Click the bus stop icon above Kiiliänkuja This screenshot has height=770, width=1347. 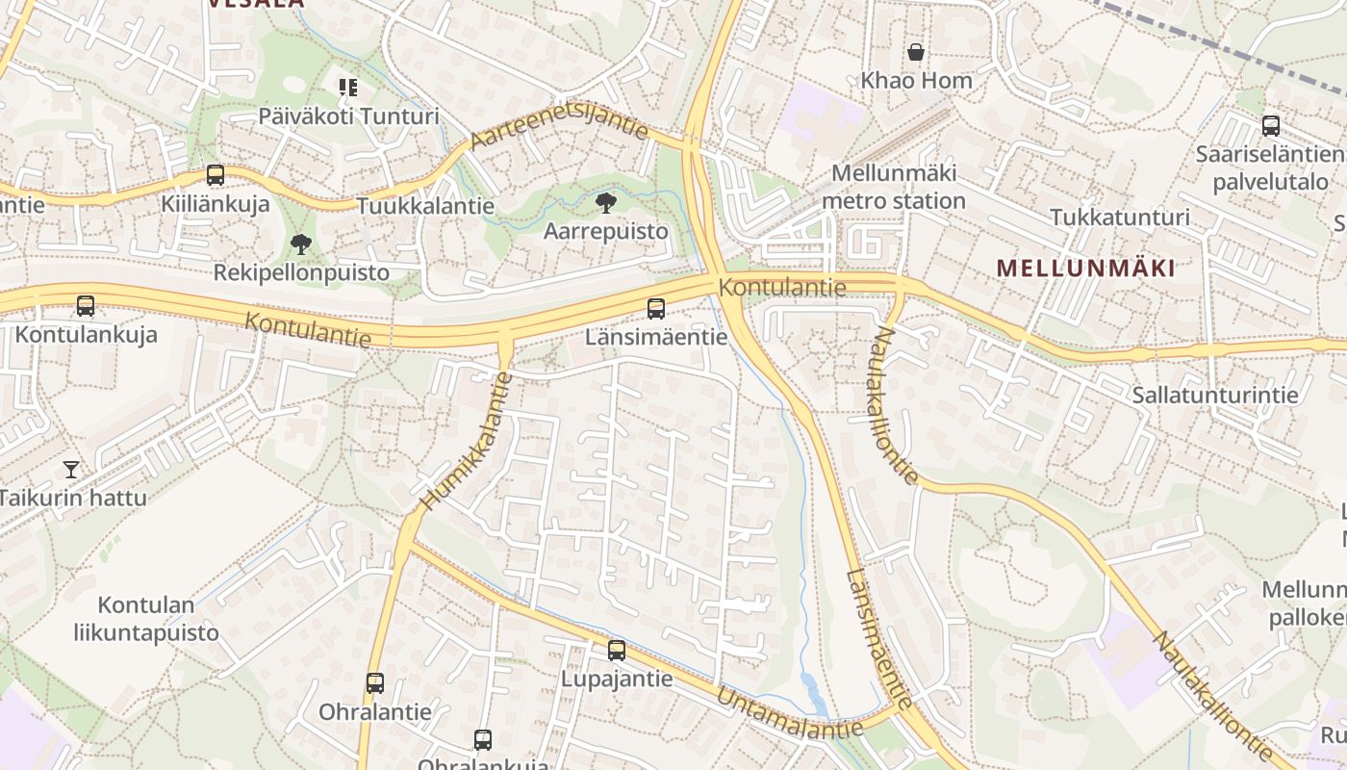pyautogui.click(x=216, y=175)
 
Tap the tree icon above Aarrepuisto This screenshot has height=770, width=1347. pyautogui.click(x=606, y=202)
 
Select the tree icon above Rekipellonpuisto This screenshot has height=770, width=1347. pyautogui.click(x=301, y=244)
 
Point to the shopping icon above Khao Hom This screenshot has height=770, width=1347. pyautogui.click(x=916, y=52)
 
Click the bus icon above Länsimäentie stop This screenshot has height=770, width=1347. pyautogui.click(x=656, y=309)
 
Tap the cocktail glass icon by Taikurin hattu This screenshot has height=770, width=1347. pyautogui.click(x=71, y=470)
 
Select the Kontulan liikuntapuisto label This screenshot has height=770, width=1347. pyautogui.click(x=146, y=619)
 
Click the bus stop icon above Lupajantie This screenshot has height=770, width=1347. pyautogui.click(x=617, y=651)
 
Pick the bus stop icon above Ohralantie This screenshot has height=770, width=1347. pyautogui.click(x=375, y=683)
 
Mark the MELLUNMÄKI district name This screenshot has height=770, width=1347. pyautogui.click(x=1085, y=269)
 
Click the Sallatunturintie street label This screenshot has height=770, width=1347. pyautogui.click(x=1215, y=395)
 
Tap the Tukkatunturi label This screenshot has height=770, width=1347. pyautogui.click(x=1120, y=218)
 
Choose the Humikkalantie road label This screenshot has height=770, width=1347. pyautogui.click(x=467, y=440)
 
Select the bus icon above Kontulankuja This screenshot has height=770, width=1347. pyautogui.click(x=86, y=307)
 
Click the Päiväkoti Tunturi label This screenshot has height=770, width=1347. pyautogui.click(x=348, y=116)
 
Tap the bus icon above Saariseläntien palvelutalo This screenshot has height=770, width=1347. pyautogui.click(x=1271, y=126)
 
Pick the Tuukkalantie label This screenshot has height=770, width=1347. pyautogui.click(x=425, y=206)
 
